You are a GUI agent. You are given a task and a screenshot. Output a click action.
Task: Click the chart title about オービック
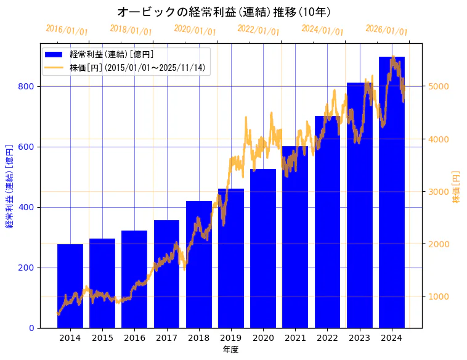click(x=224, y=12)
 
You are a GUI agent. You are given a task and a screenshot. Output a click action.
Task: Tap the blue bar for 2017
click(x=166, y=274)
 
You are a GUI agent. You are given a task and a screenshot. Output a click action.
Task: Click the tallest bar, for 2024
click(x=392, y=192)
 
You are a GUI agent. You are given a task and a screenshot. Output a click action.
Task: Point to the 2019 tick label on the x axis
click(x=231, y=338)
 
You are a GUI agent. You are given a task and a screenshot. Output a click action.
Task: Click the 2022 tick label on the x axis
click(x=327, y=338)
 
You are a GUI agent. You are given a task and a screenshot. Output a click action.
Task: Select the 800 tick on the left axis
click(x=27, y=87)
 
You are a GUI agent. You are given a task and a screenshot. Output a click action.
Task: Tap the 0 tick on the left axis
click(x=32, y=328)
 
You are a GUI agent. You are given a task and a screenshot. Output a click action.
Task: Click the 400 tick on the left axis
click(x=27, y=208)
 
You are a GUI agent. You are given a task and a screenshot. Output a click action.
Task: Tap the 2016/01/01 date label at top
click(x=67, y=30)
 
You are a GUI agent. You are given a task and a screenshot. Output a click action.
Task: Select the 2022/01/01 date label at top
click(x=258, y=30)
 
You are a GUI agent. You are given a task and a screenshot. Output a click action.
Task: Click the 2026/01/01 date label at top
click(x=386, y=30)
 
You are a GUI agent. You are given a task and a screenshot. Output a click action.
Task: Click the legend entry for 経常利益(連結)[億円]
click(x=111, y=55)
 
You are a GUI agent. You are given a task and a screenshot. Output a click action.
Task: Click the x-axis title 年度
click(x=230, y=350)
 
